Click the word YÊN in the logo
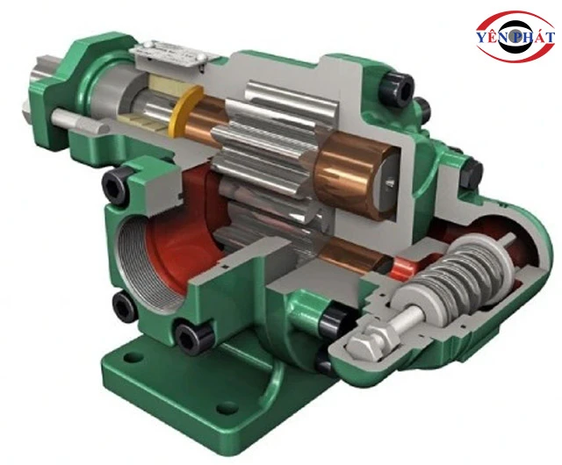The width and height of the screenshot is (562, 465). coord(493,37)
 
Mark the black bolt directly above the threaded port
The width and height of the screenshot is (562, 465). coord(117,183)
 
